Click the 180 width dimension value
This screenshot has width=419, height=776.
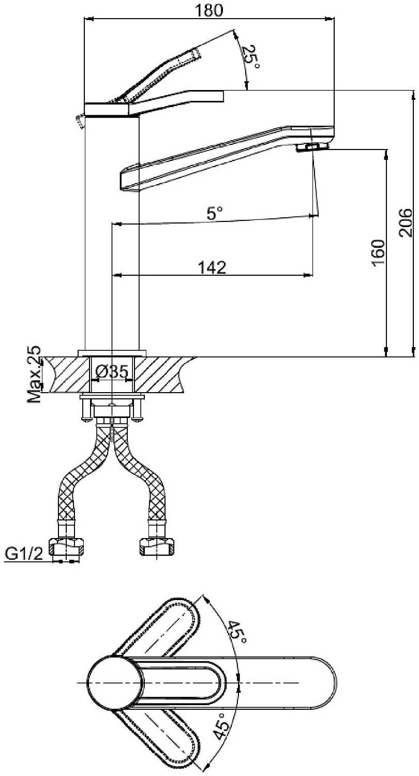209,10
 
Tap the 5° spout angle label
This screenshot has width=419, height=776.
215,213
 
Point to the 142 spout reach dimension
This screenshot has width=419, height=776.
212,267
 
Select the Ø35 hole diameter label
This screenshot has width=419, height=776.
112,371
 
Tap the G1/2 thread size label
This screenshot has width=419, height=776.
24,554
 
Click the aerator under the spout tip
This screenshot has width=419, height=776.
312,148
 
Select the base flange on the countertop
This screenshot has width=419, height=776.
112,353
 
